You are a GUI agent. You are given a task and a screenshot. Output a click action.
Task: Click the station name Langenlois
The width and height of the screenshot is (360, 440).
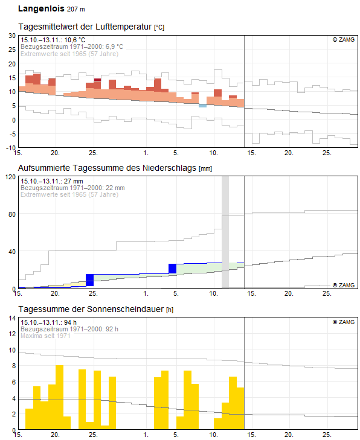click(x=41, y=8)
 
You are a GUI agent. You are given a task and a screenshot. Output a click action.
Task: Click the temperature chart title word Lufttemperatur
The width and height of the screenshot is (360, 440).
click(x=124, y=27)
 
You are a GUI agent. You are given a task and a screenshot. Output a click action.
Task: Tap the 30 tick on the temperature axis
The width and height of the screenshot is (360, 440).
click(x=12, y=36)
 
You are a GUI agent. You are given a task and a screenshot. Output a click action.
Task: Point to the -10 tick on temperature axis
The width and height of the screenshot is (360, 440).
click(x=11, y=148)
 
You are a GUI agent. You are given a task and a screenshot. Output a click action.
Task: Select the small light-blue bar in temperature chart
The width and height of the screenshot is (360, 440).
click(x=202, y=106)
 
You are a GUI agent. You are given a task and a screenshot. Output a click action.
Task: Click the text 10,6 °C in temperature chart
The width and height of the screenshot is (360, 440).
click(x=74, y=40)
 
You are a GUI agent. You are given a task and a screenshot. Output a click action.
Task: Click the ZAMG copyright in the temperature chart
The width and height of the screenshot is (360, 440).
click(x=344, y=40)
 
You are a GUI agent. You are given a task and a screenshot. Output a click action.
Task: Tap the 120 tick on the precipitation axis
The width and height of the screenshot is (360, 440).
click(x=11, y=177)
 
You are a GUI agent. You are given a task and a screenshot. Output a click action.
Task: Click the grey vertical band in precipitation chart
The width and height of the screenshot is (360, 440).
click(x=225, y=232)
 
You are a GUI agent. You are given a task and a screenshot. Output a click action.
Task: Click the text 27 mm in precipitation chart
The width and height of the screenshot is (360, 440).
click(x=73, y=181)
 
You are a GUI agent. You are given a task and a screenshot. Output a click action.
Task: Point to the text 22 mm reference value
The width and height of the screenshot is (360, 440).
click(x=115, y=188)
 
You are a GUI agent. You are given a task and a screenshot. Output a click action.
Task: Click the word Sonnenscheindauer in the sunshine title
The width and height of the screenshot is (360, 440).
click(x=125, y=309)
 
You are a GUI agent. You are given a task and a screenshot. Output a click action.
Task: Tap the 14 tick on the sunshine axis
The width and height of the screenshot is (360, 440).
click(x=12, y=318)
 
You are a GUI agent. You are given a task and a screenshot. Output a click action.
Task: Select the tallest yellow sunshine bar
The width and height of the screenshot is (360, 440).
click(x=60, y=397)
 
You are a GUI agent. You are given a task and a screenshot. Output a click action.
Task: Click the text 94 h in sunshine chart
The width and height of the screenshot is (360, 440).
click(x=70, y=322)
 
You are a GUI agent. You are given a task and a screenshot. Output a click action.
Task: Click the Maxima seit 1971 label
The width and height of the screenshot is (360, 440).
click(x=45, y=336)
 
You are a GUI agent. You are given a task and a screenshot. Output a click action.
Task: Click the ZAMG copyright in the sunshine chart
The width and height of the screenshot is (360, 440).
click(x=344, y=322)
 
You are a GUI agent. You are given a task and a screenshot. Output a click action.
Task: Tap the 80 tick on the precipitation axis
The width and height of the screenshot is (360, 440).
click(x=12, y=214)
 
